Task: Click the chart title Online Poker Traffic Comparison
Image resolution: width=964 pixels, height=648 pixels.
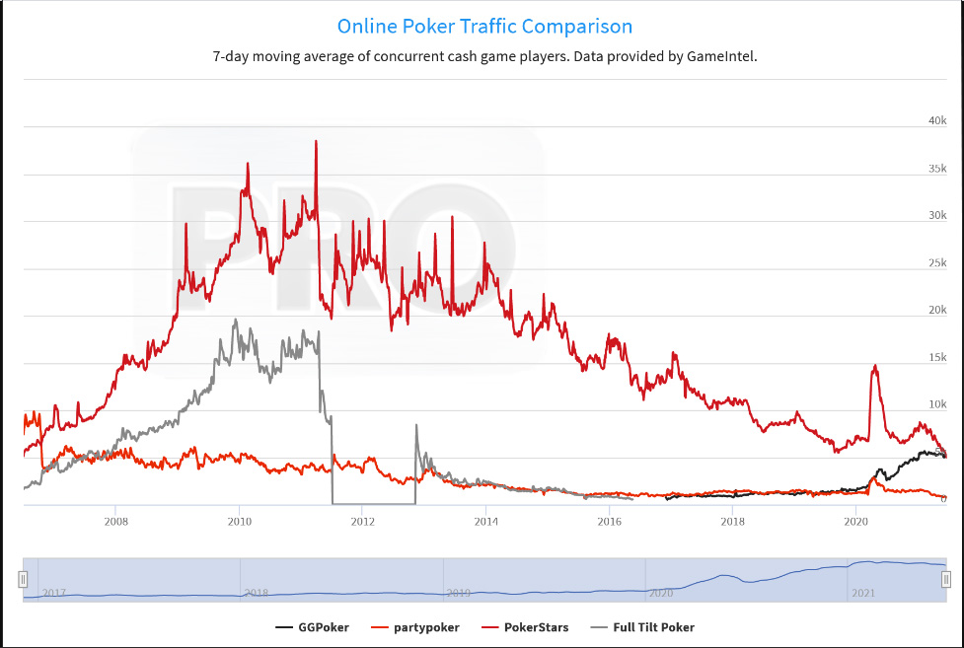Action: [x=484, y=27]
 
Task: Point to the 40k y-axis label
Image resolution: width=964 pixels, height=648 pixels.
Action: [x=937, y=120]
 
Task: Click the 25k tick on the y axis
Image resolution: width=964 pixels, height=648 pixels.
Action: [x=937, y=262]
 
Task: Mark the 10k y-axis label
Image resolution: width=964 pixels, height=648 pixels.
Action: [x=937, y=404]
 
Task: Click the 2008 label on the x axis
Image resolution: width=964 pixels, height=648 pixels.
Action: [x=116, y=521]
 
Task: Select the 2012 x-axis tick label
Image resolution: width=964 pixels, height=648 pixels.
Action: [x=362, y=521]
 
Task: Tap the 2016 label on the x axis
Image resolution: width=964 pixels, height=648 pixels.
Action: [x=609, y=521]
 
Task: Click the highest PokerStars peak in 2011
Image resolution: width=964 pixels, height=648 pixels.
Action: [x=316, y=142]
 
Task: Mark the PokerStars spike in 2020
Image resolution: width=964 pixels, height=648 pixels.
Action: [x=874, y=367]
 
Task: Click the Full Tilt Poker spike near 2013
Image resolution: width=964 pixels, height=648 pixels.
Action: [x=416, y=426]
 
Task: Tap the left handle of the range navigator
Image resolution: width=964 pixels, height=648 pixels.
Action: [x=23, y=579]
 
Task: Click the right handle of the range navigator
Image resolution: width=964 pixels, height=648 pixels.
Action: [x=946, y=579]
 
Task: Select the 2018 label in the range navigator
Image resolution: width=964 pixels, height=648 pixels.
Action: [x=256, y=593]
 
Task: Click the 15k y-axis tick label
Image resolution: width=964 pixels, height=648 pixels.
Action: [x=937, y=357]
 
